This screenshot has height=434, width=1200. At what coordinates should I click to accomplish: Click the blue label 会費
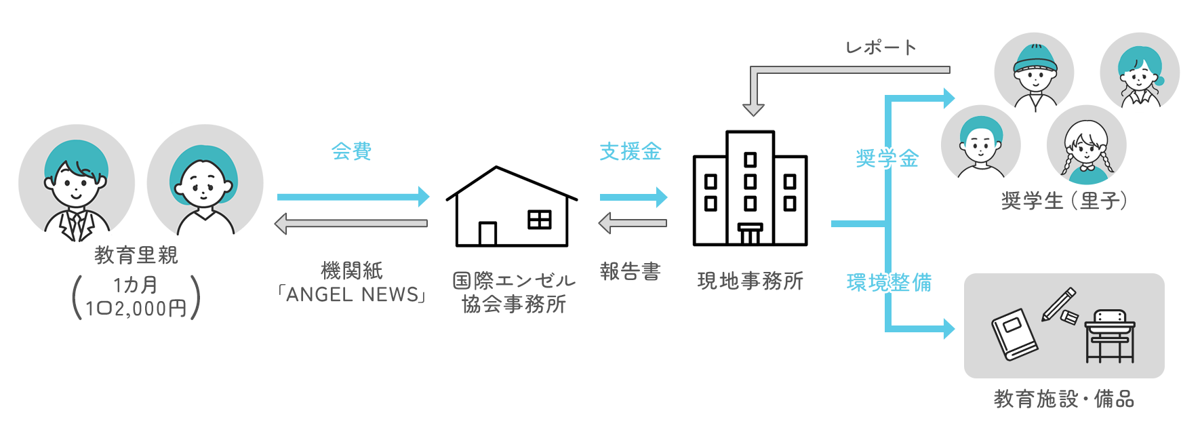351,151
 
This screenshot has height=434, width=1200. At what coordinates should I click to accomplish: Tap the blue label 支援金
631,151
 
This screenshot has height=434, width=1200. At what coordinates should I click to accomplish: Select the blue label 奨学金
887,159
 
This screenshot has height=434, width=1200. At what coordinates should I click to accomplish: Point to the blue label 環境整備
889,282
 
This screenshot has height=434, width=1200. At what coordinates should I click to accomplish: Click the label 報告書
631,271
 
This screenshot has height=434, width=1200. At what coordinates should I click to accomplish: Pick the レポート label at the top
881,47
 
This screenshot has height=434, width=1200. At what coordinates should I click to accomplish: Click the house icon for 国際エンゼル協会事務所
512,206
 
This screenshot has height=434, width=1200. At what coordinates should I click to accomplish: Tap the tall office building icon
750,188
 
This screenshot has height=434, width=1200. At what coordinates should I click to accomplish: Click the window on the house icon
540,220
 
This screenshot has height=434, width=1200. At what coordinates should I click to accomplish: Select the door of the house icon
487,233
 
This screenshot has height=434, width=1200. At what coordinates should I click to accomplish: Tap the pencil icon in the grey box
1059,304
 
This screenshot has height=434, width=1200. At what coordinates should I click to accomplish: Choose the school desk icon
1110,336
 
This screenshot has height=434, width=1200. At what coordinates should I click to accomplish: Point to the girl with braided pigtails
1087,145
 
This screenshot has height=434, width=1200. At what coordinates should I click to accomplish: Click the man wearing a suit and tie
77,183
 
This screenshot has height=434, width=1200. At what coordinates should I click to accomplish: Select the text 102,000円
136,309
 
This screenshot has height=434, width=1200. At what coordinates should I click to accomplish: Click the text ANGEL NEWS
353,294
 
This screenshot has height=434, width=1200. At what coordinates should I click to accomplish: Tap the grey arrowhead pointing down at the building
753,109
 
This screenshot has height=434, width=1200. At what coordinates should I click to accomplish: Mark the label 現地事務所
751,281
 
